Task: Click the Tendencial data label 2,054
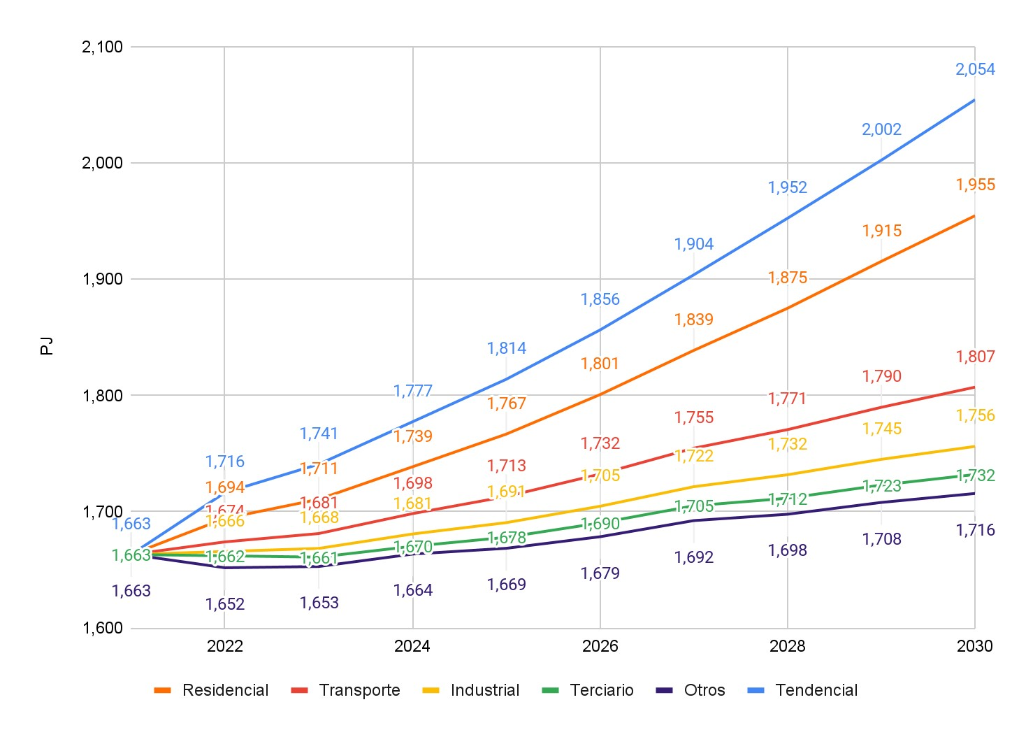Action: point(975,69)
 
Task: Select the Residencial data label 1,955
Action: point(975,185)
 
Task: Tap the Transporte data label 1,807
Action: point(975,357)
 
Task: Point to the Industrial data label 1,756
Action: point(975,415)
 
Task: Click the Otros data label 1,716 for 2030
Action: point(975,530)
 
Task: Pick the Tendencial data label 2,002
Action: point(881,129)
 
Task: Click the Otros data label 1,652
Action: point(225,604)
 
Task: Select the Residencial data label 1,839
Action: point(694,320)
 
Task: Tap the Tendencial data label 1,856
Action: point(600,299)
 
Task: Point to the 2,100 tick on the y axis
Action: point(102,47)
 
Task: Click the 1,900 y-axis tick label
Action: point(102,279)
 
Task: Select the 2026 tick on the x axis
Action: point(600,645)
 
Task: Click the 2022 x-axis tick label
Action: point(225,645)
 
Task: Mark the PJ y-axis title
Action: point(47,346)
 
